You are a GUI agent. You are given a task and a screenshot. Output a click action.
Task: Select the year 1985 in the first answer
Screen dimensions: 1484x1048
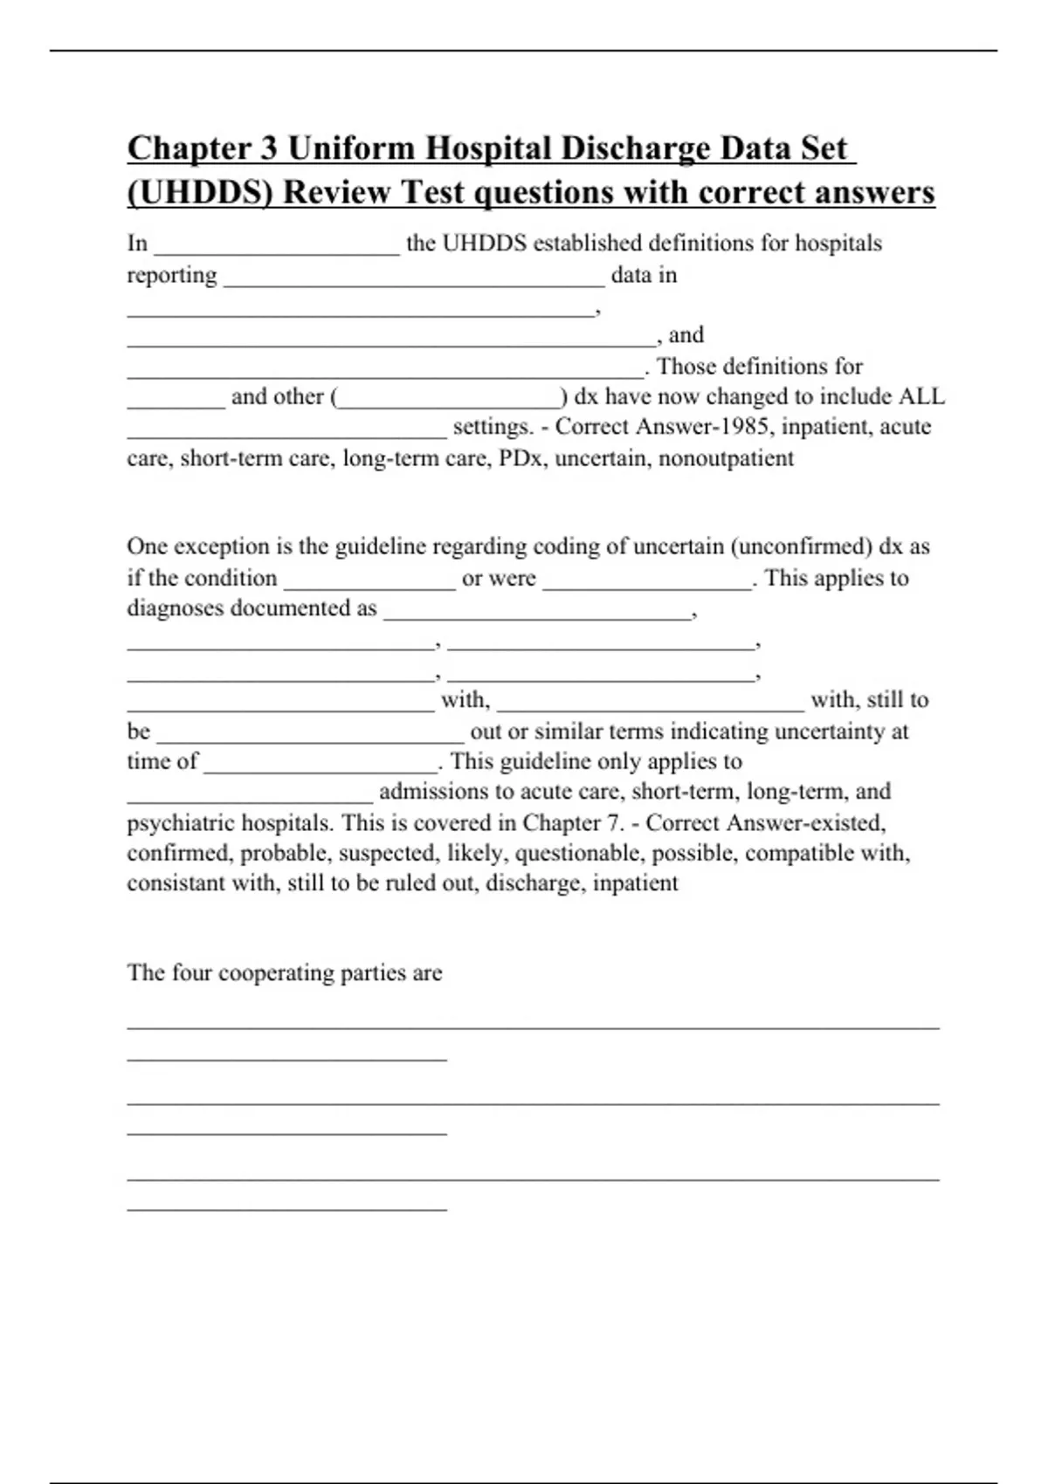[x=746, y=427]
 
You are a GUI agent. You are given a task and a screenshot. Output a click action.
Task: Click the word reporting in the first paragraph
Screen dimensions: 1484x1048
[x=172, y=275]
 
